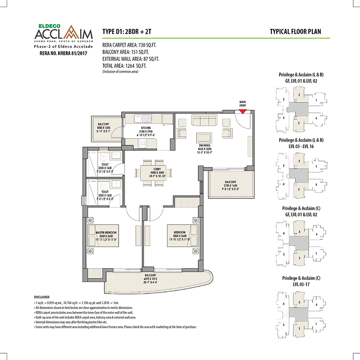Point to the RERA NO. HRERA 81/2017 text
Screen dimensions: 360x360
pyautogui.click(x=61, y=54)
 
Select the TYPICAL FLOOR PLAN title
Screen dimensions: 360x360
pyautogui.click(x=296, y=31)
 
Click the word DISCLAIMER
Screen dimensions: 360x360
pyautogui.click(x=43, y=297)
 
